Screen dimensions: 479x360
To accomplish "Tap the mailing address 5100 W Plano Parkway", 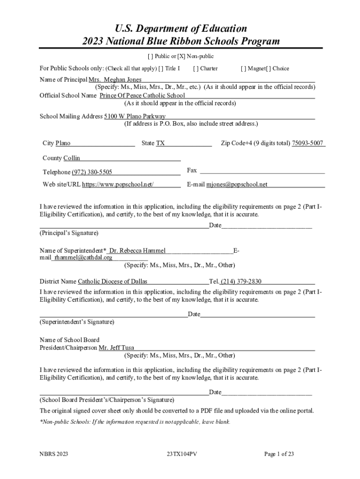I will [135, 116].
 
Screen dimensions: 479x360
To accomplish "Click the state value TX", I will [160, 143].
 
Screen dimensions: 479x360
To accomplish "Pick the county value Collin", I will [72, 158].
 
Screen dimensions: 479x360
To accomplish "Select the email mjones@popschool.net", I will [237, 184].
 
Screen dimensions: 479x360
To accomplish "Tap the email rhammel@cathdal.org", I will [83, 257].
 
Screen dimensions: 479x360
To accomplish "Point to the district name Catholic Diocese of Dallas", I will [112, 281].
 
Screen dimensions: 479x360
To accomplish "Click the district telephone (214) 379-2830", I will [241, 281].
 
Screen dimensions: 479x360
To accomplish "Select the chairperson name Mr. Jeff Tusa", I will [116, 348].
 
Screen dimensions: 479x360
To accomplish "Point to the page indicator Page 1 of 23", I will [279, 454].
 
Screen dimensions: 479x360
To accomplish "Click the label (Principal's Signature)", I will [69, 232].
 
